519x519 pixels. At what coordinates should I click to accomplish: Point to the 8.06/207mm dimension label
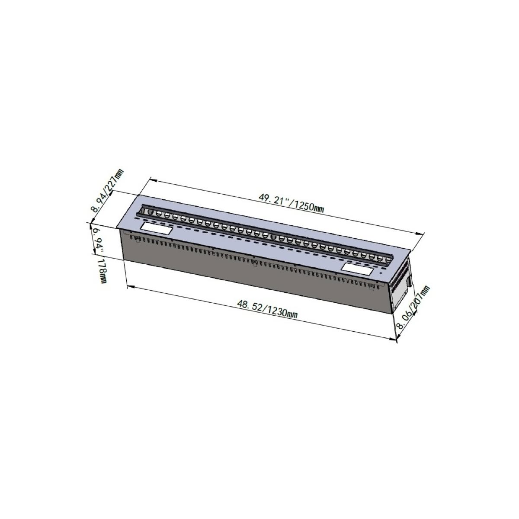click(x=413, y=307)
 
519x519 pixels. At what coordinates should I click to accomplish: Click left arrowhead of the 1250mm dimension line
click(x=153, y=179)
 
